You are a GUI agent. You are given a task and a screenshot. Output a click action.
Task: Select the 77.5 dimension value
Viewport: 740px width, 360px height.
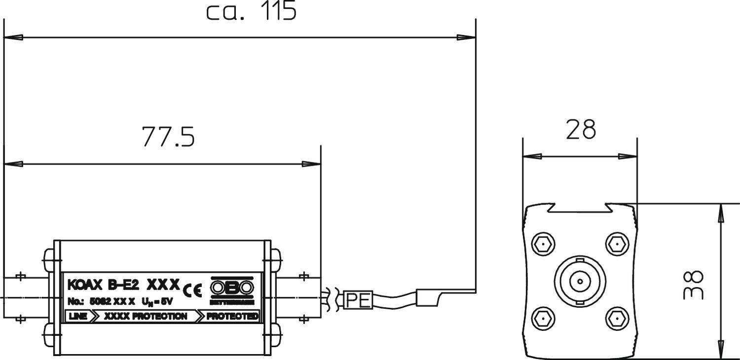(168, 137)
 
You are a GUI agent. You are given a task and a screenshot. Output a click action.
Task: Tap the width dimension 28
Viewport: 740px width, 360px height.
(581, 130)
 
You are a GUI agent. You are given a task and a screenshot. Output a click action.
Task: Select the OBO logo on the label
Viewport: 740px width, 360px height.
(232, 287)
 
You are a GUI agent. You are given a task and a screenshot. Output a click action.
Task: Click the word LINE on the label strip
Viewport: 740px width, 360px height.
(78, 316)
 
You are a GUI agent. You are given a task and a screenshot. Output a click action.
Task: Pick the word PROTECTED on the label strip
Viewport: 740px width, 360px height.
(232, 316)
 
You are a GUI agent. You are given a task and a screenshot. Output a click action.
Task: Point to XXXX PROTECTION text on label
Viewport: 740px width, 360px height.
(146, 316)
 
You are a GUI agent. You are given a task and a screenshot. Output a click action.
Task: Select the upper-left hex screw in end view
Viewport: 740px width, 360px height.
(543, 244)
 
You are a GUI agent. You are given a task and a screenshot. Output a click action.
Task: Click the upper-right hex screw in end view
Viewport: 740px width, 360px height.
(616, 244)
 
